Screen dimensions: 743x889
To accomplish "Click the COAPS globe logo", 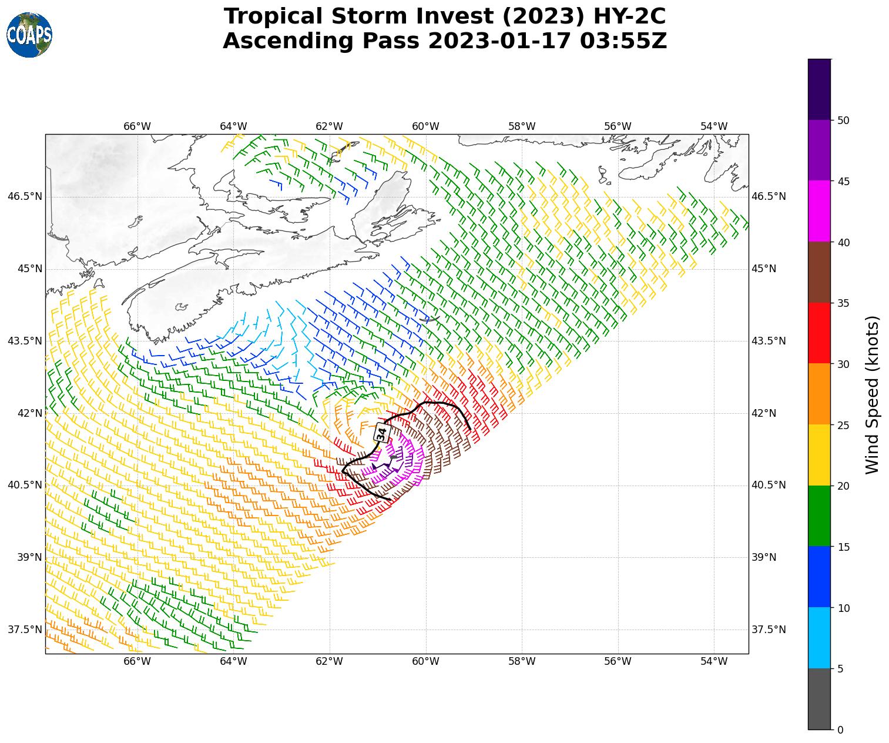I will pos(29,35).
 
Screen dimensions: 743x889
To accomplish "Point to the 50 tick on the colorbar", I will pos(843,121).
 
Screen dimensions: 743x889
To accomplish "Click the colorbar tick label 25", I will pos(843,425).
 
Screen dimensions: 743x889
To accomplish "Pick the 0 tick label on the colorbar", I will pos(840,730).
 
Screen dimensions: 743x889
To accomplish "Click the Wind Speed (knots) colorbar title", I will pos(873,394).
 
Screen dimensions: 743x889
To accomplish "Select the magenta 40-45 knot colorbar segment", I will pos(819,211).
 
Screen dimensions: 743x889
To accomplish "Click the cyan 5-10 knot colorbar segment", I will pos(819,638).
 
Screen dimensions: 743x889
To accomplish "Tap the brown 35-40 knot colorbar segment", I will pos(819,272).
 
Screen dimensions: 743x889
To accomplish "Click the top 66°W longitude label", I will pos(137,126).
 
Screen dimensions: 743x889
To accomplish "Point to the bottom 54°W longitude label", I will pos(714,661).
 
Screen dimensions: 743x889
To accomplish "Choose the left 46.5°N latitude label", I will pos(25,196).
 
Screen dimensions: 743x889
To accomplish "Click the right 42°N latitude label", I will pos(764,413).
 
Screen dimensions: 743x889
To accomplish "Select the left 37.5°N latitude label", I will pos(25,630).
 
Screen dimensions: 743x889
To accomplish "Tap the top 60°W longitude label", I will pos(425,126).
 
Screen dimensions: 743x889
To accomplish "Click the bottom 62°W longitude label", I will pos(329,661).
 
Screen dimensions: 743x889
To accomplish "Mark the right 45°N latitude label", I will pos(764,269).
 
